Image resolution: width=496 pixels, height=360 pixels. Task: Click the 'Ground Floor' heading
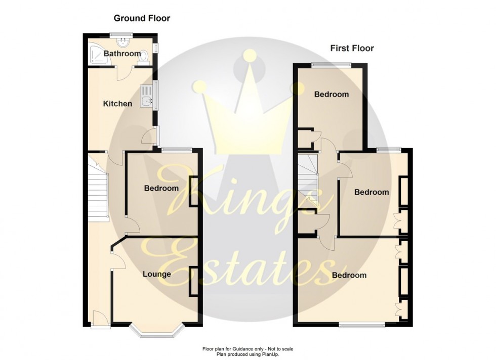point(142,19)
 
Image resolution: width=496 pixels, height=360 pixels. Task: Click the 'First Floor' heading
point(352,49)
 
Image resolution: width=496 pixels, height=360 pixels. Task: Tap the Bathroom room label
point(122,54)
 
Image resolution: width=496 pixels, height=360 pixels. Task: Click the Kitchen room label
point(117,104)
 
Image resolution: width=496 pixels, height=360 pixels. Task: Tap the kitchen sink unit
point(147,99)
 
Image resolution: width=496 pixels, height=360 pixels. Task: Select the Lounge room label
point(156,275)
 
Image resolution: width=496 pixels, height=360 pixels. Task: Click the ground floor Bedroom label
point(161,189)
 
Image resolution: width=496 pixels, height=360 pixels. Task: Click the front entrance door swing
point(99,318)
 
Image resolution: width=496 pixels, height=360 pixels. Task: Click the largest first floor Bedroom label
point(349,276)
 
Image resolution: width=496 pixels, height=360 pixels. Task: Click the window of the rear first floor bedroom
point(331,64)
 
